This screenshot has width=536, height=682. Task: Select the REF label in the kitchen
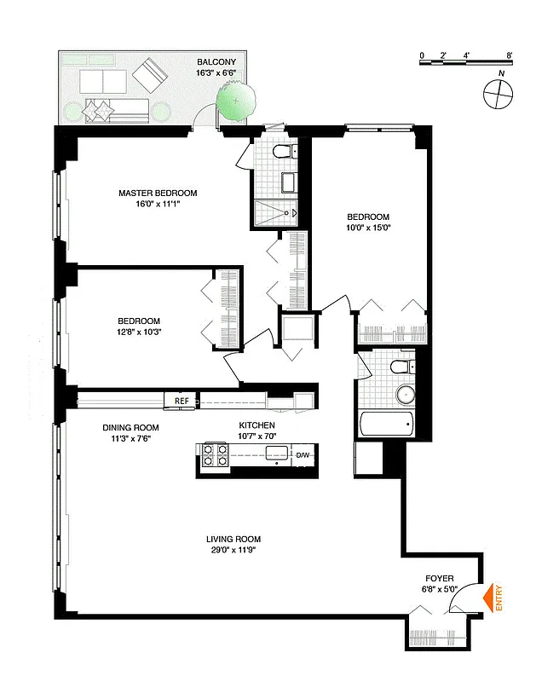coord(181,400)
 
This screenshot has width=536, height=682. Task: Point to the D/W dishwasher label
coord(303,455)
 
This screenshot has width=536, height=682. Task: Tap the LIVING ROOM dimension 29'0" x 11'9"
coord(233,551)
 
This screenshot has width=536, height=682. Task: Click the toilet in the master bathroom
coord(283,153)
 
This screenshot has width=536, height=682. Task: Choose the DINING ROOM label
coord(130,428)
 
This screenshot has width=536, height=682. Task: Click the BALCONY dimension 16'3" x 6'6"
coord(222,74)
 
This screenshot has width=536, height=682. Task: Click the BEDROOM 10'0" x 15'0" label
coord(368,217)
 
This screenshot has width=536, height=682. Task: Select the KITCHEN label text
coord(256,425)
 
